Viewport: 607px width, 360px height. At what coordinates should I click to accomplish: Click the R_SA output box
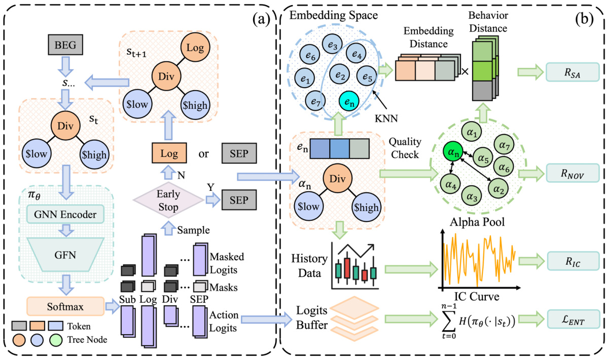[573, 72]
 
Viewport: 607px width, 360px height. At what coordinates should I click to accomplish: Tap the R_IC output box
[573, 261]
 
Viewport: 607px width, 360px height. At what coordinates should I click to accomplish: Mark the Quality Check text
[403, 147]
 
